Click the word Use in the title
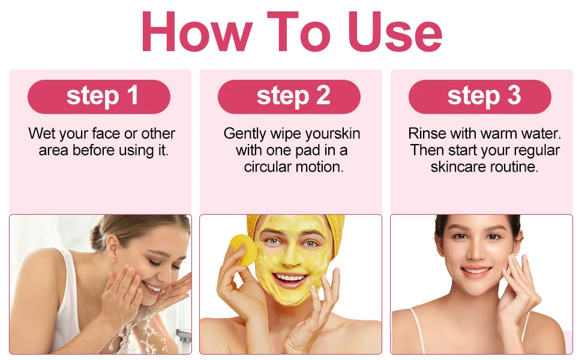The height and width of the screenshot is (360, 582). click(x=395, y=33)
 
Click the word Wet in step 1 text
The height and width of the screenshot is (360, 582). click(x=42, y=133)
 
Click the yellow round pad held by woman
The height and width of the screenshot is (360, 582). click(x=242, y=249)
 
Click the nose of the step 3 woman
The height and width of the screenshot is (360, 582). click(x=476, y=252)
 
